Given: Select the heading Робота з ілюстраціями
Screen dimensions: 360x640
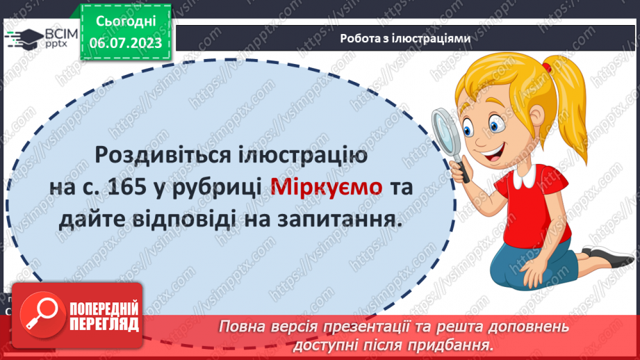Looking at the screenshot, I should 406,39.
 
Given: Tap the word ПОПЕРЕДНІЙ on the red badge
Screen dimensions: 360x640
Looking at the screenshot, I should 105,309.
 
